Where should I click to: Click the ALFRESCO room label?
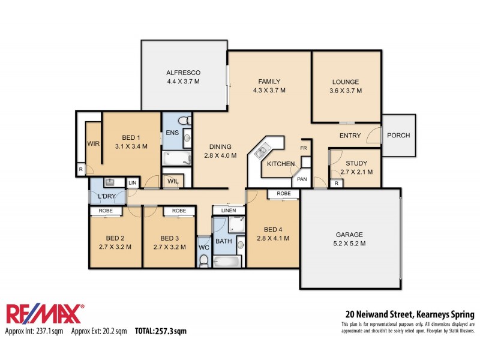tap(184, 73)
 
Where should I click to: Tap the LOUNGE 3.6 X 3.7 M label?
tap(346, 86)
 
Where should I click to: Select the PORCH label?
tap(398, 136)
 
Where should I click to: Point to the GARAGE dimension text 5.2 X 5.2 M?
tap(349, 244)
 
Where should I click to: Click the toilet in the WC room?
tap(203, 261)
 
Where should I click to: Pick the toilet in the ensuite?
tap(185, 121)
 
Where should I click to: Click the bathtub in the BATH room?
tap(226, 262)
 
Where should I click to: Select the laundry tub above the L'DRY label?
tap(110, 182)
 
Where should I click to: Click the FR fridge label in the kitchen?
tap(304, 148)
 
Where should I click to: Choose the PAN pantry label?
tap(302, 179)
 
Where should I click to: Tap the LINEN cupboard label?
tap(229, 211)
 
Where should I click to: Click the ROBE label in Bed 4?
tap(284, 193)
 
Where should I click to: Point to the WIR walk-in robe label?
tap(94, 143)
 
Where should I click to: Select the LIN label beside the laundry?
tap(133, 183)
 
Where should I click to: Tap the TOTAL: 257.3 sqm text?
tap(161, 331)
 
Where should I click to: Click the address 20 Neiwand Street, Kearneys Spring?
tap(410, 314)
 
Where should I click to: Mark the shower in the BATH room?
tap(236, 224)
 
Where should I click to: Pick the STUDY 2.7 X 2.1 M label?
tap(356, 168)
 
